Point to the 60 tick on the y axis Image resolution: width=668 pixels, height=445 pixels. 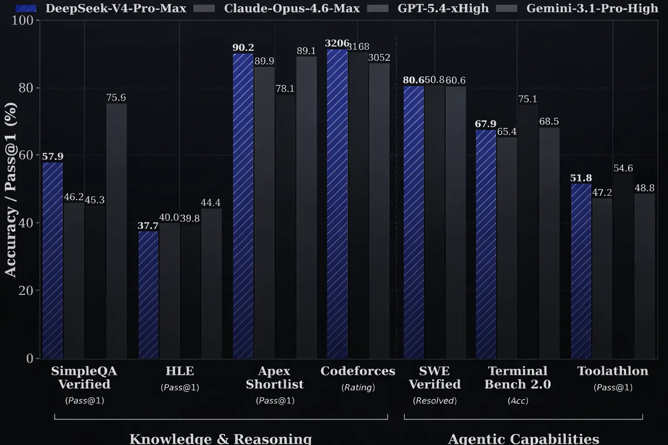(x=26, y=155)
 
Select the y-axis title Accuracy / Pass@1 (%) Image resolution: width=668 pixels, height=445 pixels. (x=10, y=189)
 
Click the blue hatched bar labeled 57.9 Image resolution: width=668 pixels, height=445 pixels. (x=53, y=261)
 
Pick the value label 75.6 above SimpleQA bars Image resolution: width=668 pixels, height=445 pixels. (x=116, y=97)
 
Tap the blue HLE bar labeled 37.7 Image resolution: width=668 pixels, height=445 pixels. (x=148, y=296)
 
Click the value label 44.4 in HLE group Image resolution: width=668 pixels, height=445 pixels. (x=210, y=203)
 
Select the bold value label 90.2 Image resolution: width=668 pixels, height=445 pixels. (x=243, y=47)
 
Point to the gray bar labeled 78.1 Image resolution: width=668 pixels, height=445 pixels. (x=285, y=226)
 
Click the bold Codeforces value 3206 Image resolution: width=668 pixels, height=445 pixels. (x=337, y=43)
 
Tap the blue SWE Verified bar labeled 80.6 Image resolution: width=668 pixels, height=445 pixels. (x=414, y=222)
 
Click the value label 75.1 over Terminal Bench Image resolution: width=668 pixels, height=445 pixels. (x=528, y=99)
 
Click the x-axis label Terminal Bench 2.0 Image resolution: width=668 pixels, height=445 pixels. (x=518, y=377)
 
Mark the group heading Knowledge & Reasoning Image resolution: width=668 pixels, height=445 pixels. (x=220, y=438)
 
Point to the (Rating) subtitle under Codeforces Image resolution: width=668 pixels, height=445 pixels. (x=358, y=387)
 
